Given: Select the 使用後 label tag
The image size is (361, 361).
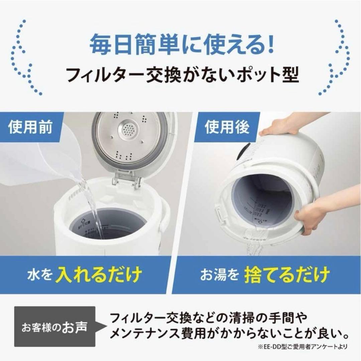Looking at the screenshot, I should coord(227,128).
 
